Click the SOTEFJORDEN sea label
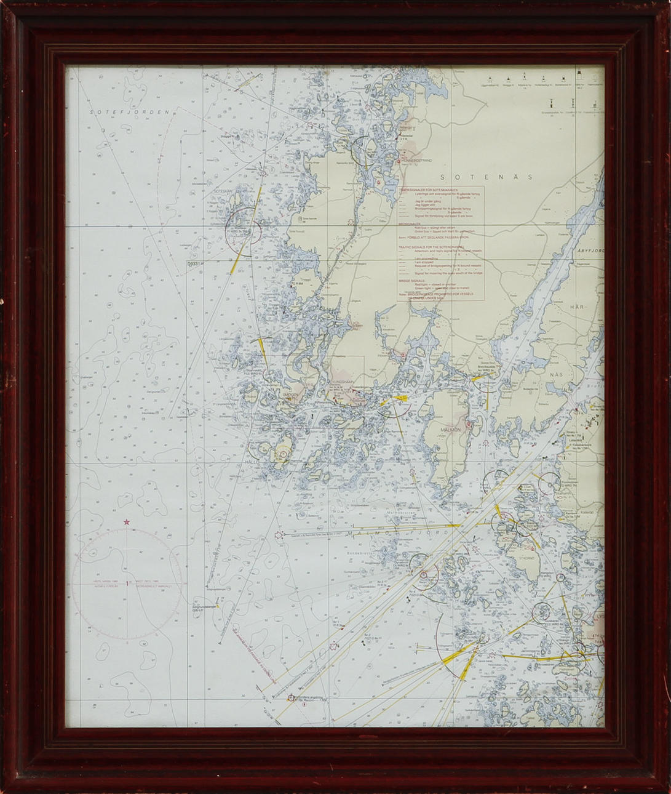tap(129, 113)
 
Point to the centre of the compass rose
tap(127, 582)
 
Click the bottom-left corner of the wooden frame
tap(5, 789)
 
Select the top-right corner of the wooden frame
tap(666, 5)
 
